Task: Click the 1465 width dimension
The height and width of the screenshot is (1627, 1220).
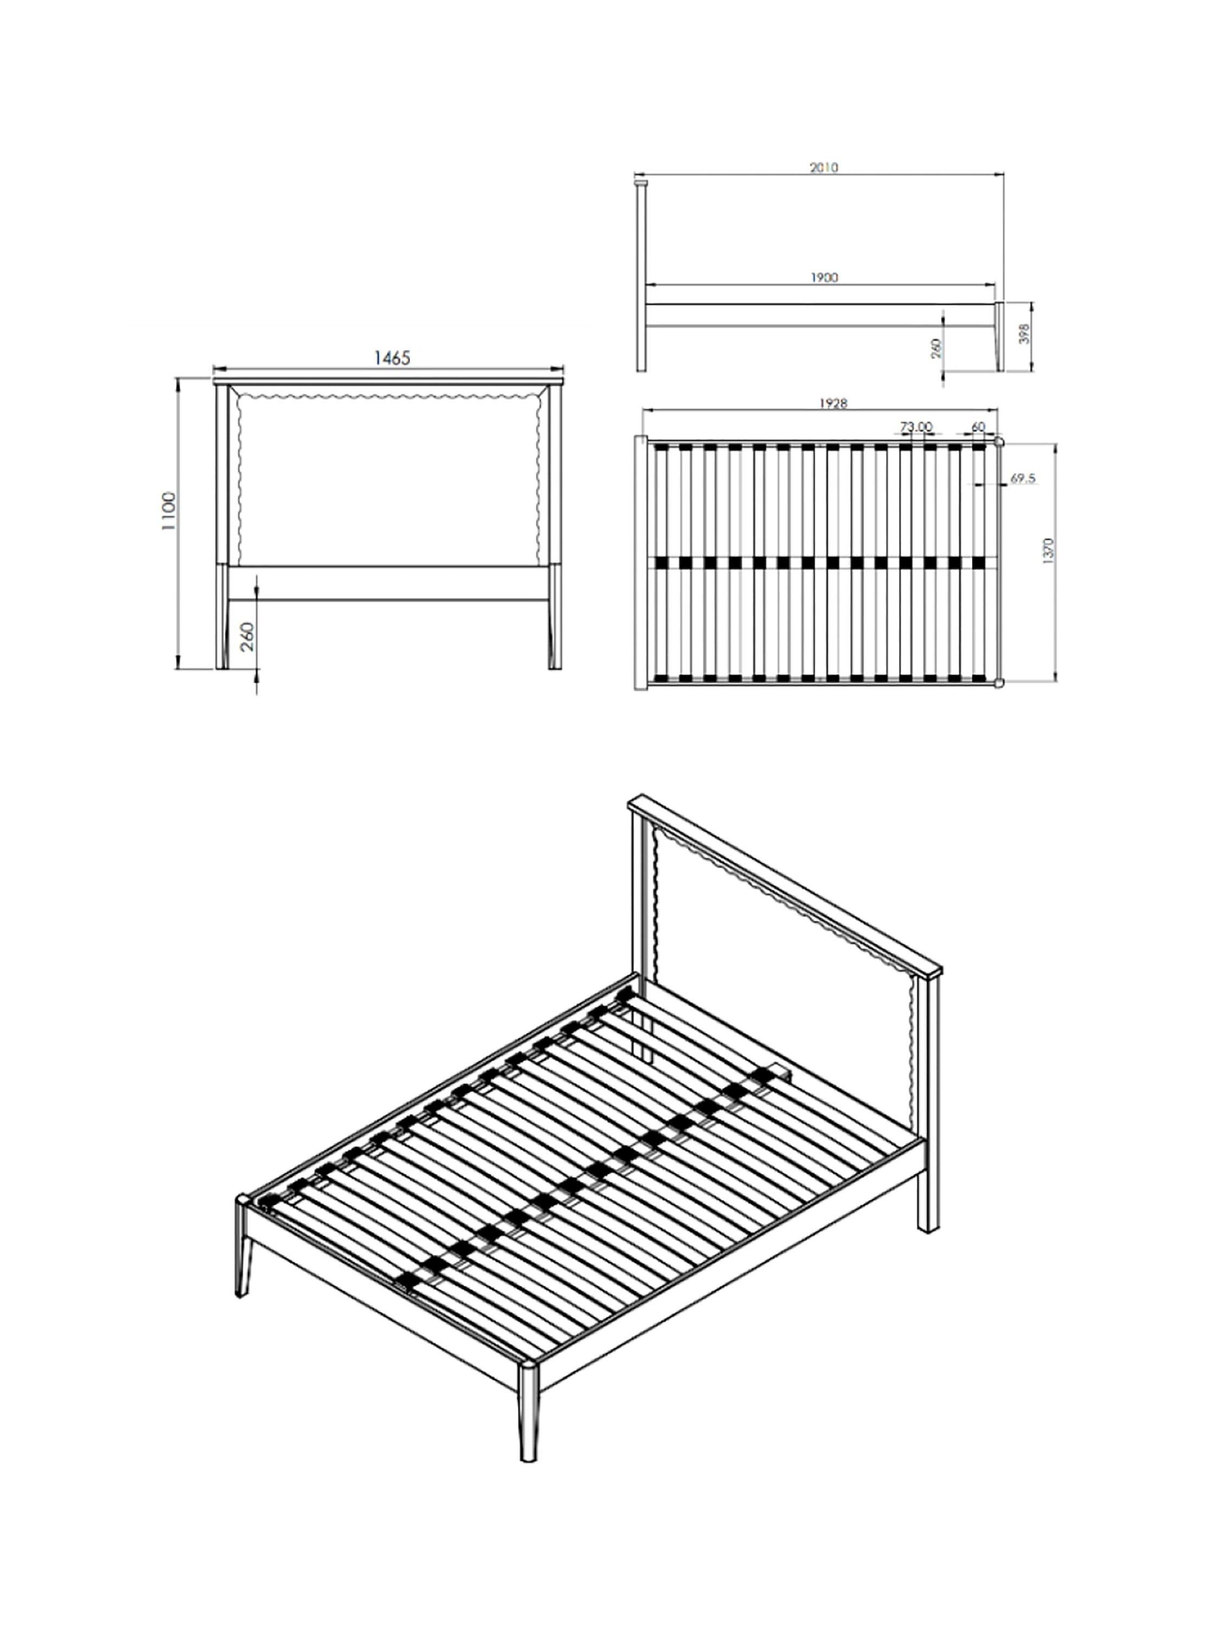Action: point(392,357)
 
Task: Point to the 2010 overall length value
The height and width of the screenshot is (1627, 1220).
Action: point(824,167)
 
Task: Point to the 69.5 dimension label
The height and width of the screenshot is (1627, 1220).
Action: point(1023,478)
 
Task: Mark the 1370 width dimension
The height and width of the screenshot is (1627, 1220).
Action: point(1048,551)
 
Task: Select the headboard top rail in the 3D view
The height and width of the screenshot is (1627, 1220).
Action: point(785,883)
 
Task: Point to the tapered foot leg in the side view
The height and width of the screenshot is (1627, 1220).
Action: point(999,336)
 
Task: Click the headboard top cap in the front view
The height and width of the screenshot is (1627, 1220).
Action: point(388,381)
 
